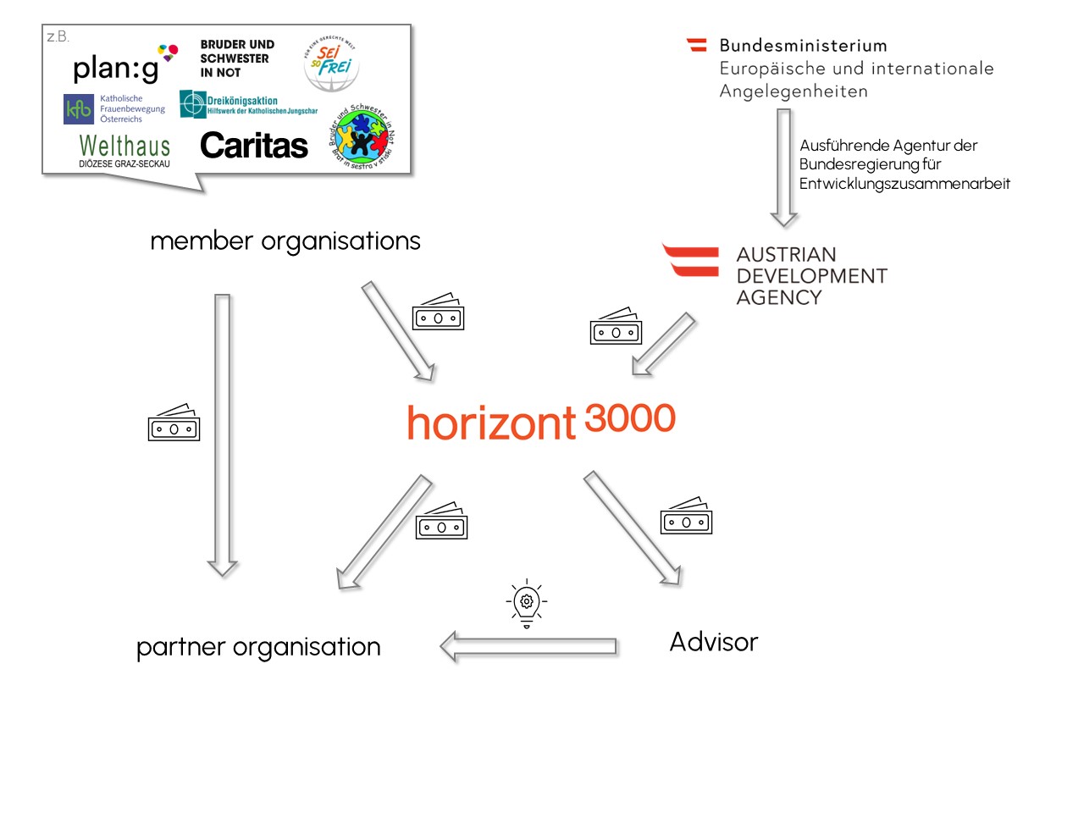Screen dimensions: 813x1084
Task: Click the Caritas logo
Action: [254, 146]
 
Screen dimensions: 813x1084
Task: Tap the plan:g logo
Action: [119, 67]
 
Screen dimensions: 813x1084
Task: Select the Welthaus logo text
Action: [124, 147]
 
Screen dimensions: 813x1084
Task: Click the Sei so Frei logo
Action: [331, 64]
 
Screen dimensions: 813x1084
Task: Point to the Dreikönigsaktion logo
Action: [248, 104]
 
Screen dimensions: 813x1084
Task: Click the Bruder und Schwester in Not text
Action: [236, 58]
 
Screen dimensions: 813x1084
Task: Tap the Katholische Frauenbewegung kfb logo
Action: [114, 108]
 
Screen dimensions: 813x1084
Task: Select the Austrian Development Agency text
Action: [810, 276]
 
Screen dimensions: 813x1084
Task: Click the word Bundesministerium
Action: [803, 46]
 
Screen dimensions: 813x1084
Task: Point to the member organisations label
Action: [285, 241]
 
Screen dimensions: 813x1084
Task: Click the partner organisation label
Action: [258, 647]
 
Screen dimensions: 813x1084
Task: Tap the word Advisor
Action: [713, 642]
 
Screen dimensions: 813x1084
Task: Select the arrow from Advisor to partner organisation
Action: [529, 647]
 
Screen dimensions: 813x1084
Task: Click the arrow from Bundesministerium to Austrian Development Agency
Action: [784, 167]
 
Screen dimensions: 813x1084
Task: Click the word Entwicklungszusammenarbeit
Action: [904, 184]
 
